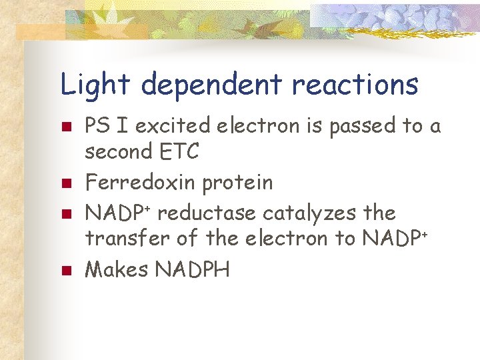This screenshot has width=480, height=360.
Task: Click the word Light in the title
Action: point(95,85)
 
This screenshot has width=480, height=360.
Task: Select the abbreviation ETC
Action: point(179,152)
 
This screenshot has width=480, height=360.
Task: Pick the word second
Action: point(118,152)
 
